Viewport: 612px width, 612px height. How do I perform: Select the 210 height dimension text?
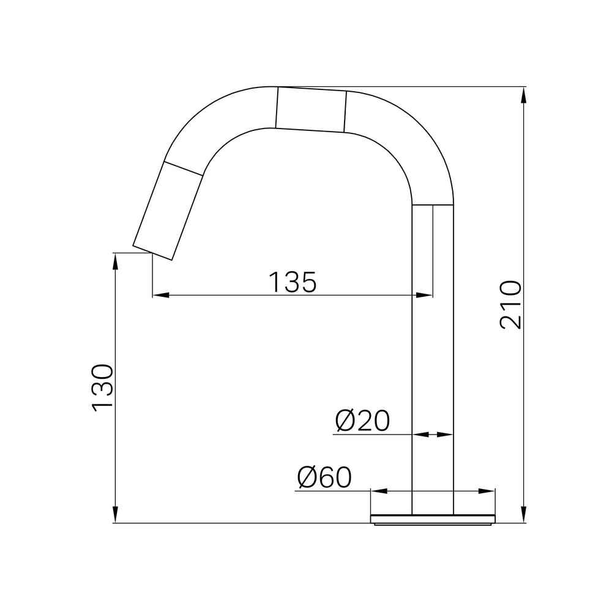click(510, 305)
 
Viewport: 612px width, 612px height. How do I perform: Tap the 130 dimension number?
click(102, 388)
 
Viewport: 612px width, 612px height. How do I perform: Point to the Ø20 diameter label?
click(362, 420)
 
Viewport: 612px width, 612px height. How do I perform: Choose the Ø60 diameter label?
click(324, 477)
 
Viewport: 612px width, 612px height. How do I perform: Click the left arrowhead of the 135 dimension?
click(160, 295)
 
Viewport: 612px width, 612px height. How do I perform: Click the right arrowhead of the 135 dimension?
click(424, 295)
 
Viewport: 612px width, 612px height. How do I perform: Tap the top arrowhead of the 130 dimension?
click(115, 261)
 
